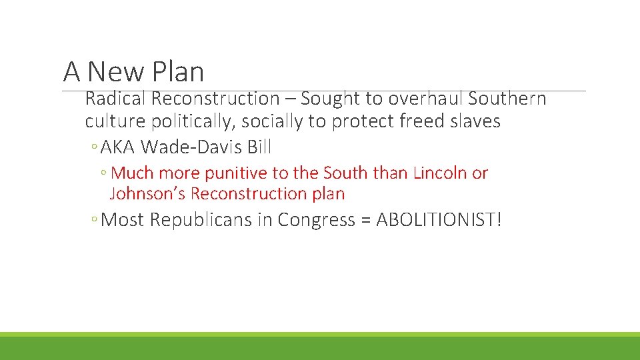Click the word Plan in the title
[178, 71]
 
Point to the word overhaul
[425, 99]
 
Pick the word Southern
[507, 99]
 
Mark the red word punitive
[233, 173]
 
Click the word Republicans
[201, 219]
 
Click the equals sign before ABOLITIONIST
[365, 219]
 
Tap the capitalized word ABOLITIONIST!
[438, 219]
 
